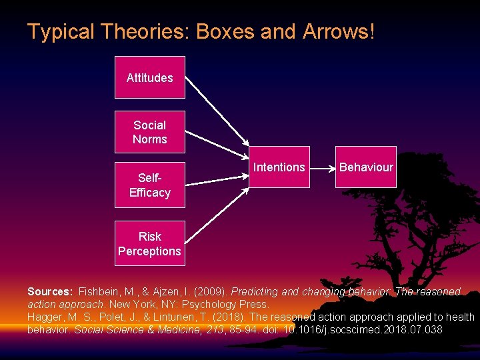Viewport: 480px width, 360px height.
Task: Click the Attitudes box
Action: (149, 77)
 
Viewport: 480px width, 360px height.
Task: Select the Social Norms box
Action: (149, 132)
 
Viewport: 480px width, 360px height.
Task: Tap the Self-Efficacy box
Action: (149, 185)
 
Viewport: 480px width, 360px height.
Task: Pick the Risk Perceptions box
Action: (149, 243)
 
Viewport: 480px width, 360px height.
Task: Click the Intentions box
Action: (279, 167)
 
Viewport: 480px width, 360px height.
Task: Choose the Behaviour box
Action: (366, 167)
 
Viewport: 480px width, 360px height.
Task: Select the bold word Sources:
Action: (50, 292)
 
